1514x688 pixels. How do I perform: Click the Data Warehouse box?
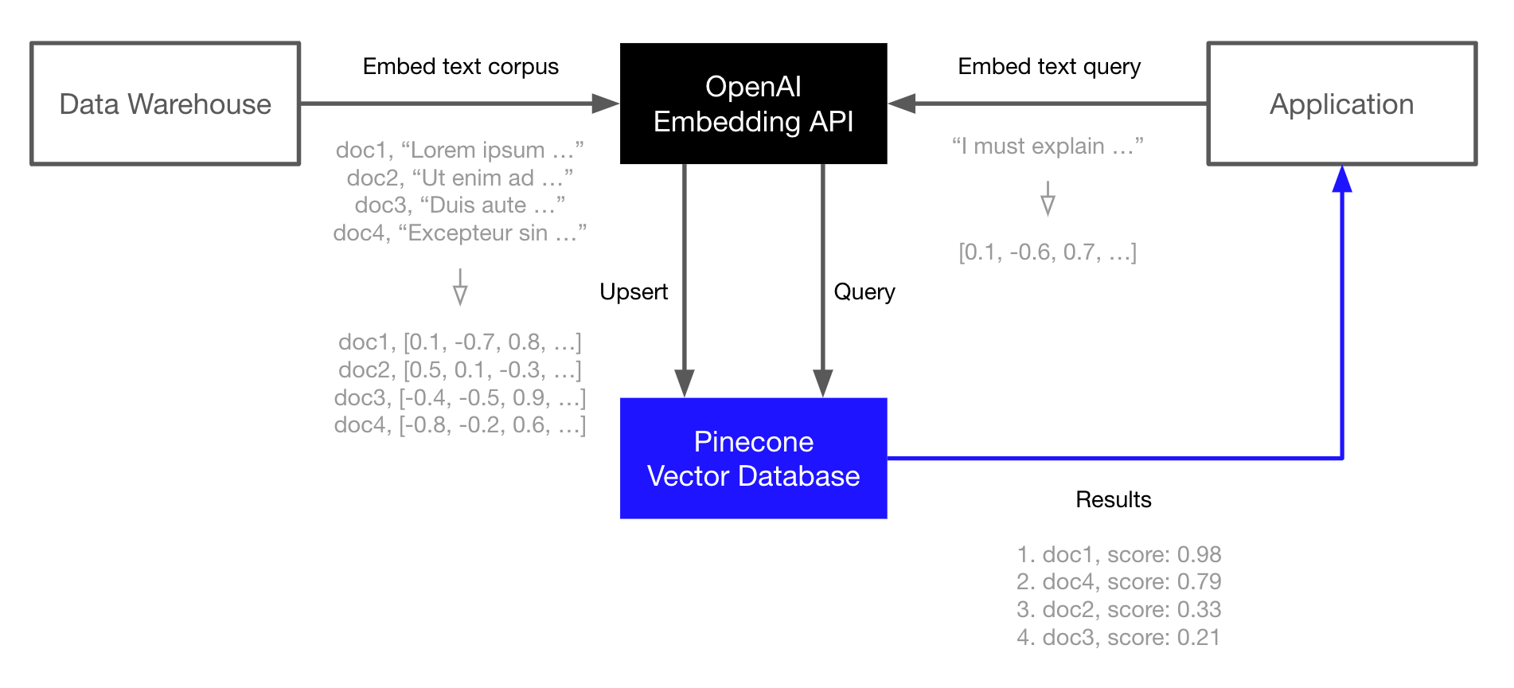[165, 104]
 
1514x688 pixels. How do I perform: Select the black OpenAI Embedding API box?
[753, 104]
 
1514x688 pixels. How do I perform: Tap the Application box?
[1341, 104]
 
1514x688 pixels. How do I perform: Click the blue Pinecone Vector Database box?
[753, 459]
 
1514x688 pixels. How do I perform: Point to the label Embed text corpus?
[460, 66]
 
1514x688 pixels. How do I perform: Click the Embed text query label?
[1049, 66]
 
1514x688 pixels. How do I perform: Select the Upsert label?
[634, 291]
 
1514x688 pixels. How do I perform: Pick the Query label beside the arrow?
[864, 291]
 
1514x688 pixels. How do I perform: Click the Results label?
[1113, 499]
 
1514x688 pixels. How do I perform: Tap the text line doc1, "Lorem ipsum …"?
[460, 150]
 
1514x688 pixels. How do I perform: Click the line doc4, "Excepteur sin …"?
[460, 233]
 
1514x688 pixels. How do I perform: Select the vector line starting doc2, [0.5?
[460, 369]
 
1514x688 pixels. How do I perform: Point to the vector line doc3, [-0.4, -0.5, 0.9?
[460, 397]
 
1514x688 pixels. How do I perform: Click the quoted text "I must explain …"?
[1048, 146]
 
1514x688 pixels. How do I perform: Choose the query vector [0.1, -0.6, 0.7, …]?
[1048, 252]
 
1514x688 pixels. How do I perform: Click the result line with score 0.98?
[1118, 554]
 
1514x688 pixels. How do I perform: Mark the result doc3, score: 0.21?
[1118, 637]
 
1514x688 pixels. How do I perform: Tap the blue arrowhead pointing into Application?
[1342, 179]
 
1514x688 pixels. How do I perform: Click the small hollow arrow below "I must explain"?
[1048, 199]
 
